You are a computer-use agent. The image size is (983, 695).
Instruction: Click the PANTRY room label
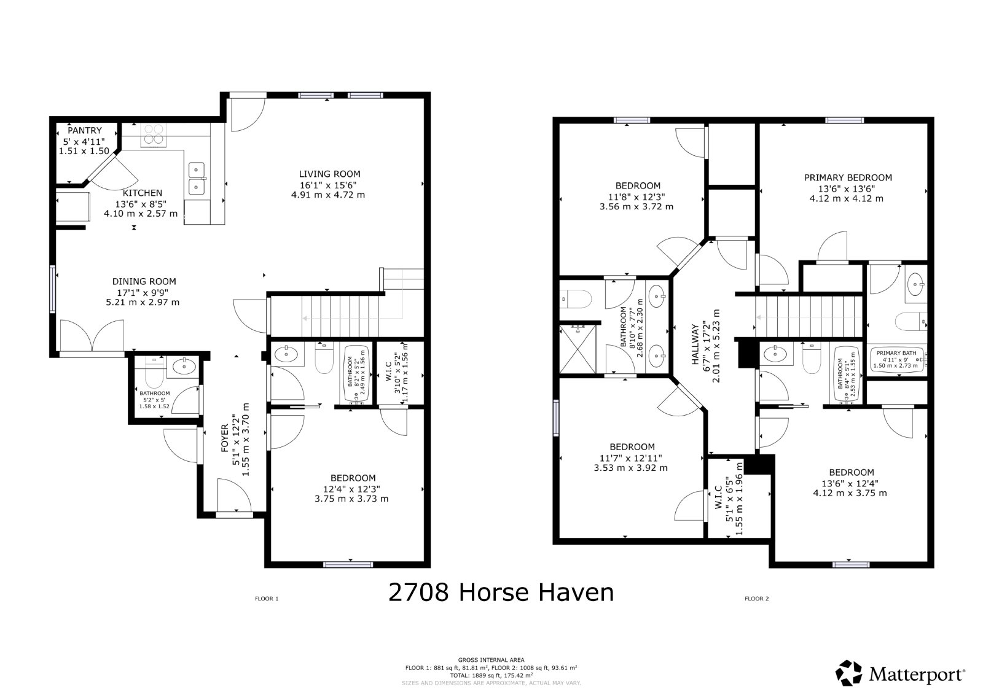[84, 131]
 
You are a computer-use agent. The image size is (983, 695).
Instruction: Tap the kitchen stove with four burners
[154, 136]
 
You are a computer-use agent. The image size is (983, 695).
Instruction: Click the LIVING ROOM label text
[329, 174]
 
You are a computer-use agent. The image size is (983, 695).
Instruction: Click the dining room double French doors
[92, 339]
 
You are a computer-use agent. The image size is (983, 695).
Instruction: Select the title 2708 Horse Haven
[501, 592]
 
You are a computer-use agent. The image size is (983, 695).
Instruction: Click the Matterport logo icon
[849, 674]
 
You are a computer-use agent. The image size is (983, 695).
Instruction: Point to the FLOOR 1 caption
[267, 599]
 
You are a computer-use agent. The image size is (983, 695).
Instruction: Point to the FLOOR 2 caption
[756, 599]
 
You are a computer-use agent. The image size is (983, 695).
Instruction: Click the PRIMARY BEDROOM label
[848, 177]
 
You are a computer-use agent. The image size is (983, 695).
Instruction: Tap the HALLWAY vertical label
[695, 345]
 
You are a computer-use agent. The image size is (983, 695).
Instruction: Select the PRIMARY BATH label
[896, 353]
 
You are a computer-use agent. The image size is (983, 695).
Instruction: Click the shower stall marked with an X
[578, 349]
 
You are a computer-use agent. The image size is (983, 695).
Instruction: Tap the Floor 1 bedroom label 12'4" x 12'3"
[353, 478]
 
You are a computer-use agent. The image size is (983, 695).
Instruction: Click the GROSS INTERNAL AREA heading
[491, 660]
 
